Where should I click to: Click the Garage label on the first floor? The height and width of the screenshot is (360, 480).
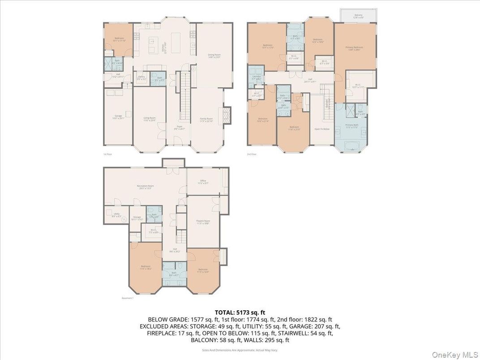tap(118, 117)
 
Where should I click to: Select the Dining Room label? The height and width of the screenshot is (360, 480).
tap(214, 56)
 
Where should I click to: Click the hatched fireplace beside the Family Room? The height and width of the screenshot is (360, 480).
tap(227, 115)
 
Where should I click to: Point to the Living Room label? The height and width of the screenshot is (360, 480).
tap(150, 119)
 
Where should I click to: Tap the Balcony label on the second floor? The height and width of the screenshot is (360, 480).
tap(358, 16)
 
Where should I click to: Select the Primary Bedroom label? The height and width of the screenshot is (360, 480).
tap(355, 48)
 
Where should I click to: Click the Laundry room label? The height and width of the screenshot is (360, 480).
tap(257, 77)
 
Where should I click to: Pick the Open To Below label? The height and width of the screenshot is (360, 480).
tap(322, 129)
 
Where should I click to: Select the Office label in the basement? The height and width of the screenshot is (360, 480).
tap(203, 182)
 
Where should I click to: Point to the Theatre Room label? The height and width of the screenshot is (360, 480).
tap(203, 222)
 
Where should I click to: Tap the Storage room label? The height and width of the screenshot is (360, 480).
tap(137, 219)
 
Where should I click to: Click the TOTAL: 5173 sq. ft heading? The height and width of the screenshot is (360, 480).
tap(240, 313)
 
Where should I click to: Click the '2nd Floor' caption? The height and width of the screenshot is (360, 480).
tap(252, 154)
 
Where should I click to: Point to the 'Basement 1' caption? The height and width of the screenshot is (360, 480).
tap(128, 298)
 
